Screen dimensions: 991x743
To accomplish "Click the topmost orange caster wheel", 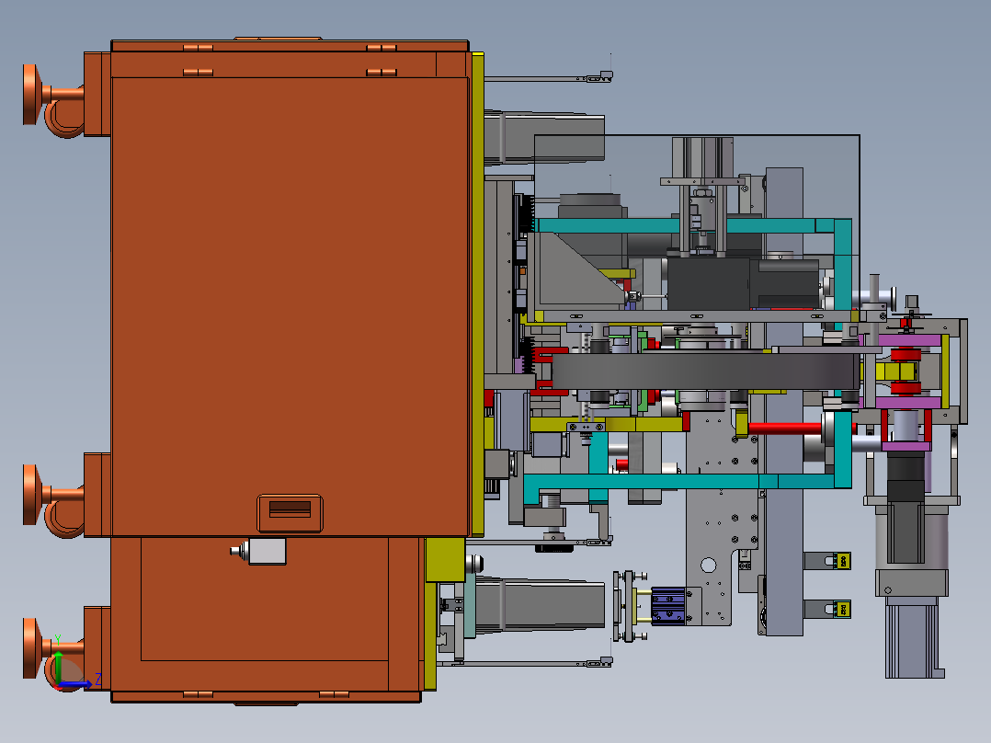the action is pyautogui.click(x=33, y=94).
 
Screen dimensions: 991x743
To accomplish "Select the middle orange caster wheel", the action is pyautogui.click(x=33, y=495).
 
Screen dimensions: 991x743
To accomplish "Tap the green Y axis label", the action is pyautogui.click(x=58, y=639).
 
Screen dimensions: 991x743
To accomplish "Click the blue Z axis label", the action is pyautogui.click(x=98, y=680).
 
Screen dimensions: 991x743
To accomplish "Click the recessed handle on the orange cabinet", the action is pyautogui.click(x=290, y=513).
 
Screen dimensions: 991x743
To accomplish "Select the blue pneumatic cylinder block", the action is pyautogui.click(x=668, y=606).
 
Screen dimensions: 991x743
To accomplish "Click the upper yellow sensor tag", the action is pyautogui.click(x=842, y=561).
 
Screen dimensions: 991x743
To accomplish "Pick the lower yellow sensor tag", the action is pyautogui.click(x=842, y=610).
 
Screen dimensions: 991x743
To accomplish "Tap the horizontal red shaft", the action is pyautogui.click(x=786, y=429).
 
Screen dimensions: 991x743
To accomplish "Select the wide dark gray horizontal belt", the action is pyautogui.click(x=705, y=371).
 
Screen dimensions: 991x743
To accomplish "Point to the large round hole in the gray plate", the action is pyautogui.click(x=708, y=565).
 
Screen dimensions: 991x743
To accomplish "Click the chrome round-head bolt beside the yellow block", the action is pyautogui.click(x=474, y=563).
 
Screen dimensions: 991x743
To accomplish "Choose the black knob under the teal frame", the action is pyautogui.click(x=553, y=548).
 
